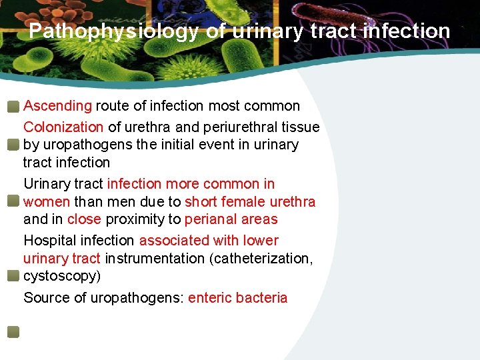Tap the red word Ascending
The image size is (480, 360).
click(57, 105)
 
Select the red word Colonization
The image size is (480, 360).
click(63, 127)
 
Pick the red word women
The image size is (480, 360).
click(47, 201)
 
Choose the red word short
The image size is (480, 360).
click(200, 201)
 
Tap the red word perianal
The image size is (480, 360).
click(211, 219)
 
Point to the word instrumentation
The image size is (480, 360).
click(155, 258)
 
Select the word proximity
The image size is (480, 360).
click(142, 219)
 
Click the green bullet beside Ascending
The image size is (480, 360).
click(13, 106)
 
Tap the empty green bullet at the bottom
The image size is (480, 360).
click(13, 331)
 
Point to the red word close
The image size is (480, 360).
click(84, 219)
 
